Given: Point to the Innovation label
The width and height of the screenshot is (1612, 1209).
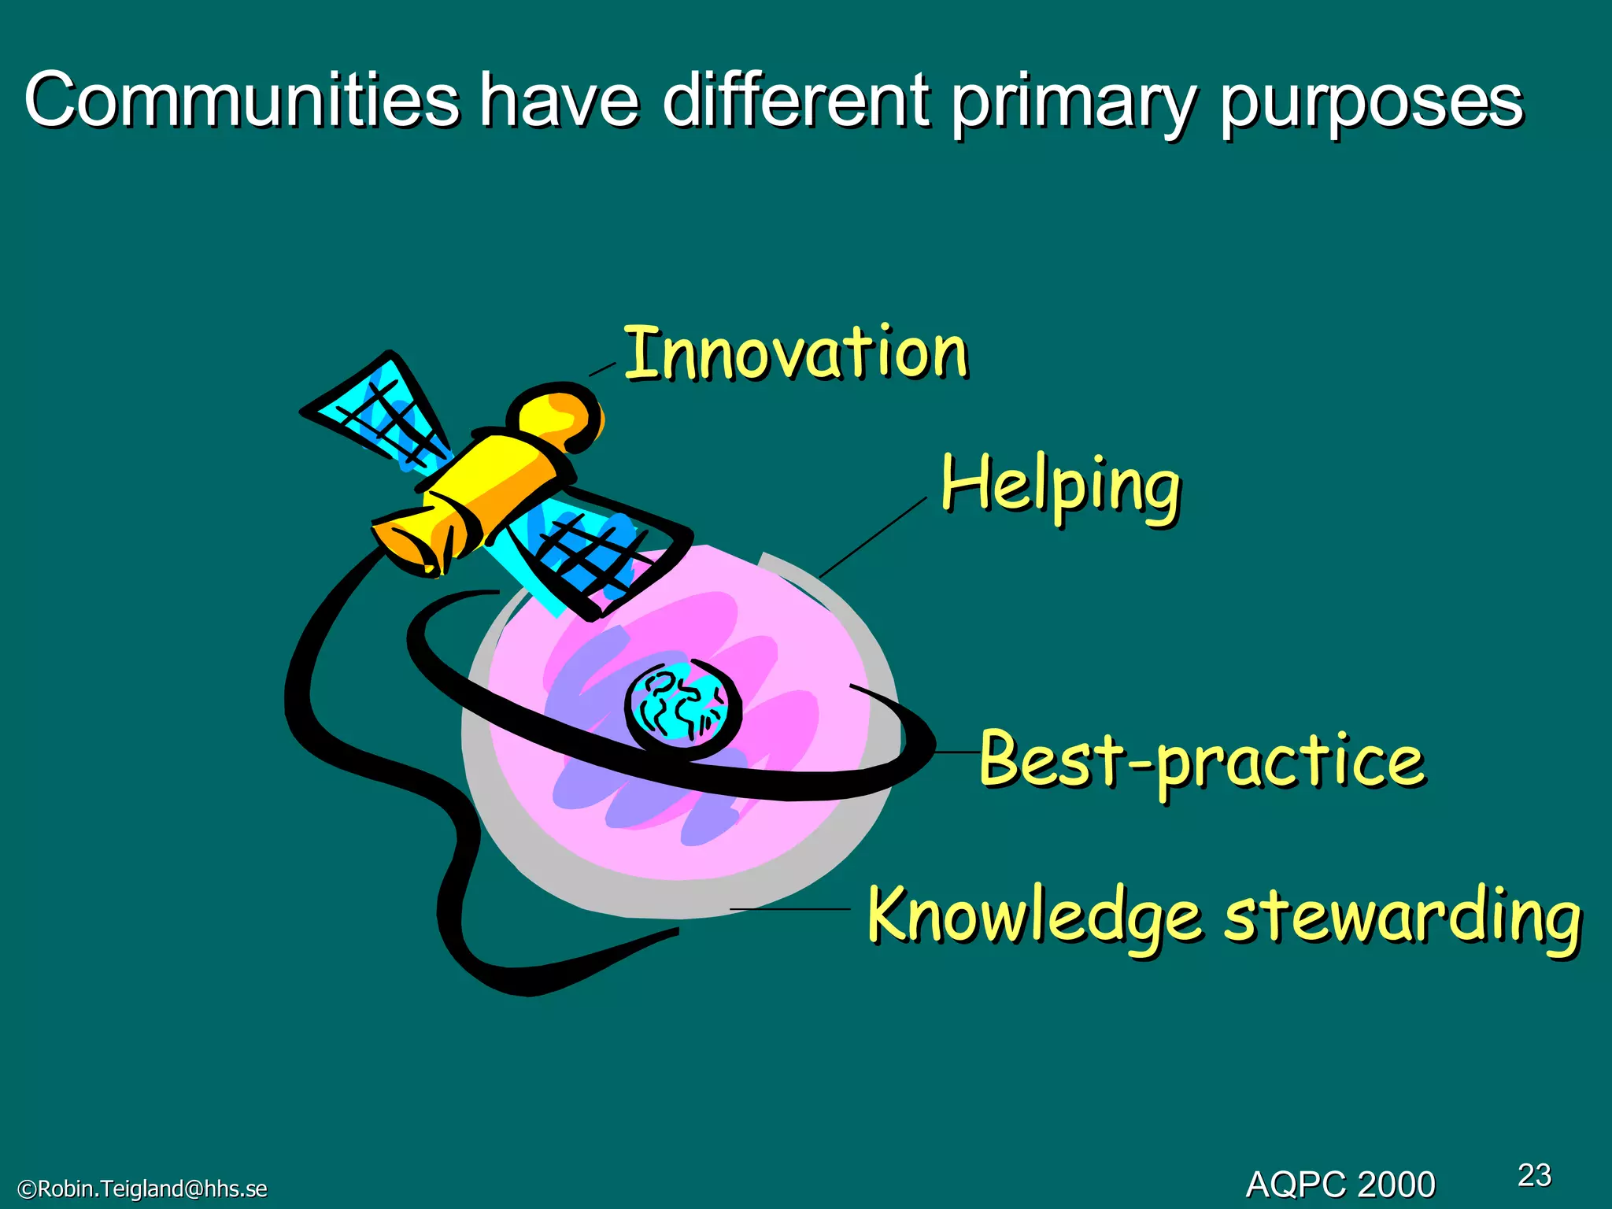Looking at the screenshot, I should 796,353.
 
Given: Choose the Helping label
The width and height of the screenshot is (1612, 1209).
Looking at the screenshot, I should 1061,486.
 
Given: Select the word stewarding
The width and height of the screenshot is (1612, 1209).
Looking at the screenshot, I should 1402,917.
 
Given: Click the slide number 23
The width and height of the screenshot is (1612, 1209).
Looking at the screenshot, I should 1534,1175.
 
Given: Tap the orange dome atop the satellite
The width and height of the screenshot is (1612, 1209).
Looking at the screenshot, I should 556,417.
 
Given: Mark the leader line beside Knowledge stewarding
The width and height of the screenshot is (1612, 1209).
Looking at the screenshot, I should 789,909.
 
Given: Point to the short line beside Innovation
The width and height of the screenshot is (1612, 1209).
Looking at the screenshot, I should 603,369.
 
